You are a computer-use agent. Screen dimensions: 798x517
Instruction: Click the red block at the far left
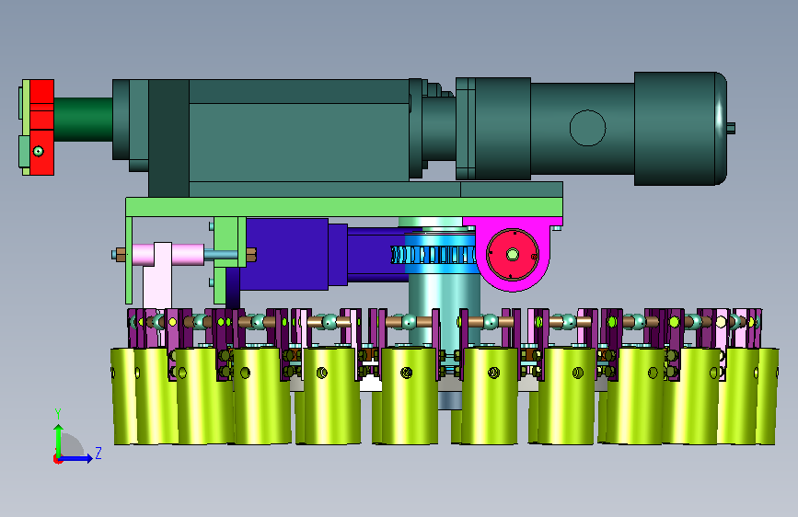[x=41, y=127]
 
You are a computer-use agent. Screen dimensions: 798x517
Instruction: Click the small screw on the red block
[x=38, y=151]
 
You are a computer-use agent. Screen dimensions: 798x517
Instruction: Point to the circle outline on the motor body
[x=587, y=128]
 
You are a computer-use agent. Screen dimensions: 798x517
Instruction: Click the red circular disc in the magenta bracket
[x=513, y=255]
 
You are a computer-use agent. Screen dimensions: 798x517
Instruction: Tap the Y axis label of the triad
[x=58, y=414]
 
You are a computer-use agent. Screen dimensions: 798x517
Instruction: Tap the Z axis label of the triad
[x=98, y=453]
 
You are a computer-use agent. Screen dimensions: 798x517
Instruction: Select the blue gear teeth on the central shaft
[x=433, y=255]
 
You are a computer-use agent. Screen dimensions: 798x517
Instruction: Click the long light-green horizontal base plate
[x=344, y=207]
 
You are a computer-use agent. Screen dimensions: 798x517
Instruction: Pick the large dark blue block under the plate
[x=284, y=255]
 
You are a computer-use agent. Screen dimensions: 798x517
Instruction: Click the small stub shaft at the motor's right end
[x=732, y=128]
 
